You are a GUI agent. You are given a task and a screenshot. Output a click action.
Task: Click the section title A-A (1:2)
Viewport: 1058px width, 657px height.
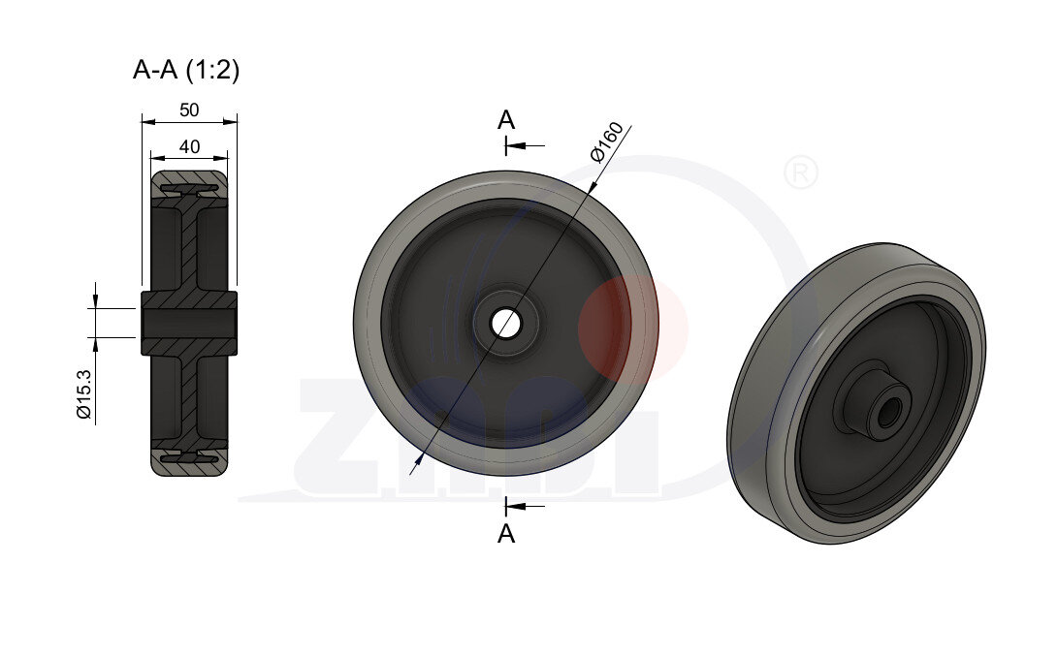[x=185, y=70]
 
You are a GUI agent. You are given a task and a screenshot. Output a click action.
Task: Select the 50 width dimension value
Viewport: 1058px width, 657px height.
[x=189, y=110]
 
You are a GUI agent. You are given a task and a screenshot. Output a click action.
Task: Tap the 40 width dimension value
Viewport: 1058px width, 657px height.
[x=189, y=146]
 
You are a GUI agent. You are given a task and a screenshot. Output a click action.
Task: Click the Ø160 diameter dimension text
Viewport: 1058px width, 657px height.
[x=606, y=141]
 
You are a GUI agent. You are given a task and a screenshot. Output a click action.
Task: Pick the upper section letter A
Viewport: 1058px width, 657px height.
[x=505, y=120]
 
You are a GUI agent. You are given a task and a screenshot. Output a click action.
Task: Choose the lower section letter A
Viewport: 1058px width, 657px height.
[x=505, y=533]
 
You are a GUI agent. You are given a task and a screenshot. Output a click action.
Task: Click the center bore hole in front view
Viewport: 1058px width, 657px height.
[x=504, y=323]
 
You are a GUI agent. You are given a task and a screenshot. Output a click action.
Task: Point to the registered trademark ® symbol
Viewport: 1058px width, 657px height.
[x=800, y=173]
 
